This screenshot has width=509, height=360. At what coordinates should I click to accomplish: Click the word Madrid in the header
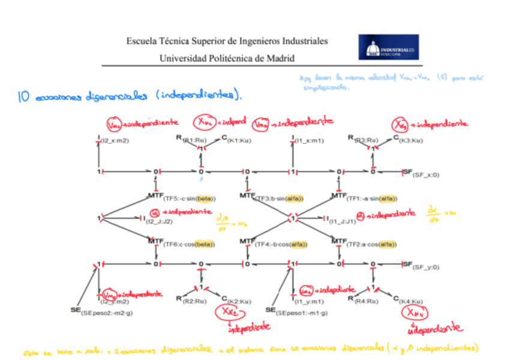(280, 58)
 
